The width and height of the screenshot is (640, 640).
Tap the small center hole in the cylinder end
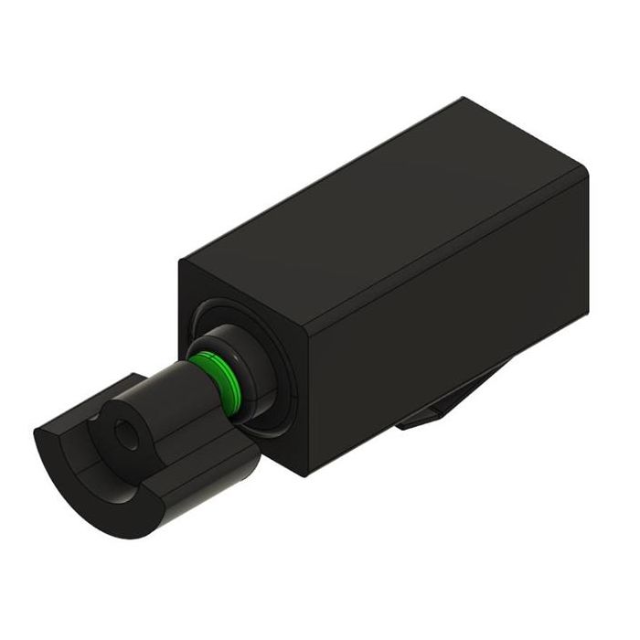click(124, 437)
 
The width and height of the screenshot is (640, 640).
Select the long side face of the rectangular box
click(439, 329)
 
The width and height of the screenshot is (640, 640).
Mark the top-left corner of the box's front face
click(180, 262)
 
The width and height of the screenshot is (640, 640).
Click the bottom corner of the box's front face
click(302, 474)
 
